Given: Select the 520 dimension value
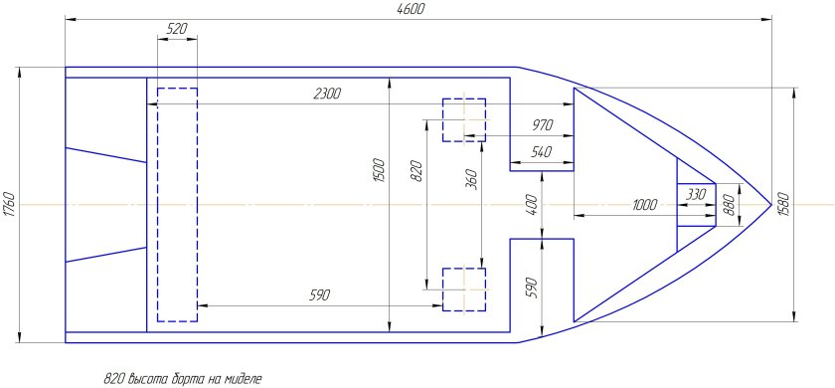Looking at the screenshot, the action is tap(177, 29).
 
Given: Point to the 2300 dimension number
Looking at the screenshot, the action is tap(327, 94).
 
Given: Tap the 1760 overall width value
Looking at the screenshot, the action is tap(9, 205).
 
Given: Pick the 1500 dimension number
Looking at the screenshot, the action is tap(379, 170).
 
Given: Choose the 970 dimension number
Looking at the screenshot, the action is tap(543, 125).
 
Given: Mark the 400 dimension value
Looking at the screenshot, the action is tap(533, 204).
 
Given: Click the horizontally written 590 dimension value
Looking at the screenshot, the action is tap(320, 295).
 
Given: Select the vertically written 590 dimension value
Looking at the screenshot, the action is tap(533, 288).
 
